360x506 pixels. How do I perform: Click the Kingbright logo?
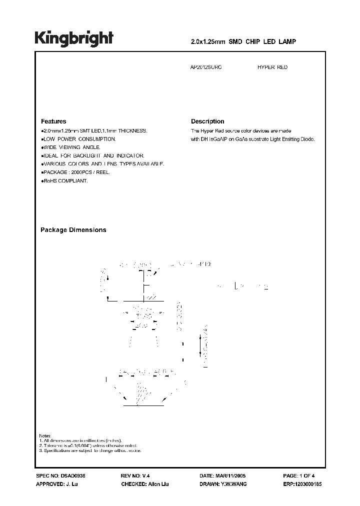coord(73,38)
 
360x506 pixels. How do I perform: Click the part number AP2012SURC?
coord(206,67)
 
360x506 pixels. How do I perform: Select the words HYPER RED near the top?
coord(272,67)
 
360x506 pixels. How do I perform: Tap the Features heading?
coord(53,121)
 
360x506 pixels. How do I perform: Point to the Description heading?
coord(207,121)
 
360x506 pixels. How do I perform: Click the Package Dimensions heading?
coord(73,230)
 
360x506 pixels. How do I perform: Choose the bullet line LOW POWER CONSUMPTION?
coord(79,138)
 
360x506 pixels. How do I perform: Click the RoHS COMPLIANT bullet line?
coord(65,180)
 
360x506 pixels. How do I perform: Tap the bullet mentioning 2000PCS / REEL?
coord(76,172)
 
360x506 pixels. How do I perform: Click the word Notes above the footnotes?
coord(45,435)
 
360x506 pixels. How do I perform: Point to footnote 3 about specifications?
coord(90,450)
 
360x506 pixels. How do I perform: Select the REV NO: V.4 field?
coord(135,476)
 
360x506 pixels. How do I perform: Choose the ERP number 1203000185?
coord(308,484)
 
